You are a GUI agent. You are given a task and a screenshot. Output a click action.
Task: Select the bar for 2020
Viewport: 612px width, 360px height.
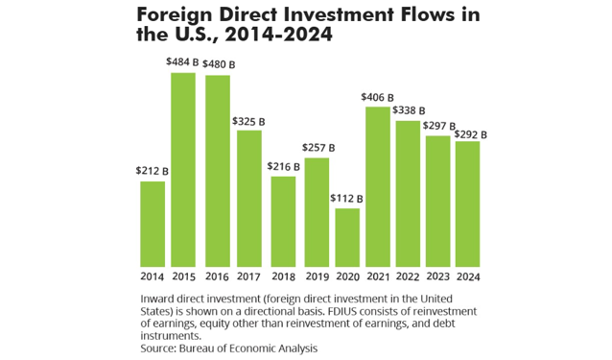347,237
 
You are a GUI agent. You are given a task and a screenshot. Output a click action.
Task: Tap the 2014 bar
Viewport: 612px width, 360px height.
153,224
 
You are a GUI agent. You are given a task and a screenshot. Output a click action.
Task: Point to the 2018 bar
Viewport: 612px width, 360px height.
282,221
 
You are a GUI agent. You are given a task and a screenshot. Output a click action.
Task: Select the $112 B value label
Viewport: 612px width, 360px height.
347,198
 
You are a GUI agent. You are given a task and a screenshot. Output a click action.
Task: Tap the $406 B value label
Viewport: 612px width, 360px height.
377,96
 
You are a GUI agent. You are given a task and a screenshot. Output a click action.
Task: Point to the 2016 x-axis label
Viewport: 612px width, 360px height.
217,279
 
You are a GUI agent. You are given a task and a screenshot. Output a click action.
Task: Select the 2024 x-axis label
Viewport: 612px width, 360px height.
469,279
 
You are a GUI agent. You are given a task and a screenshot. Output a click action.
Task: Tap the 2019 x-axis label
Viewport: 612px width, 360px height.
316,279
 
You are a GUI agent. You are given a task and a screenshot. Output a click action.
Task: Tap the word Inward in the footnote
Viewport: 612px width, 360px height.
159,299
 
